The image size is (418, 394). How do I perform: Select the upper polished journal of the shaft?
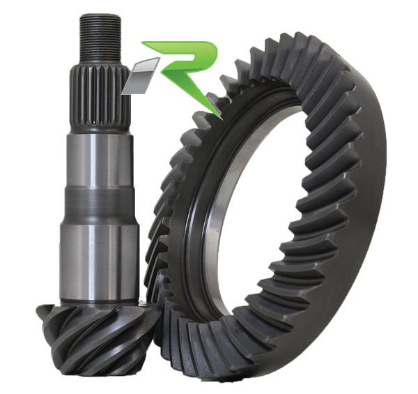[100, 161]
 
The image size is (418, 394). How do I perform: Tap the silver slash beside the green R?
[141, 76]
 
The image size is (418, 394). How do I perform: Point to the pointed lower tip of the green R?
[222, 118]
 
